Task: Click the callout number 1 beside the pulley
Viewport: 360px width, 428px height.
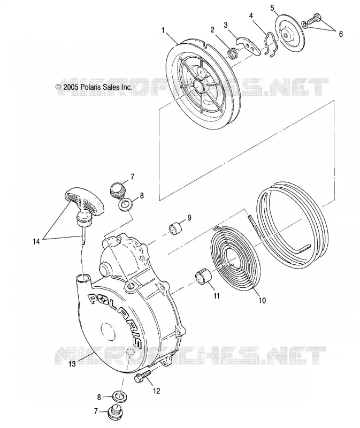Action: [163, 30]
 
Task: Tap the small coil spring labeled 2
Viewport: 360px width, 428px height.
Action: [233, 52]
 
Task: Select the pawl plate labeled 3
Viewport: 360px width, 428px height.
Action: [248, 45]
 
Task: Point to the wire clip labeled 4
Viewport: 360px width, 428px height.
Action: [271, 45]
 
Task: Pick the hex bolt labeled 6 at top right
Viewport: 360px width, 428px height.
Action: [312, 20]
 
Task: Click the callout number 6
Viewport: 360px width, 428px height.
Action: [341, 34]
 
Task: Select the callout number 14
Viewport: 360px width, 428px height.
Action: [36, 241]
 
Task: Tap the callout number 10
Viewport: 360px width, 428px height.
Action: [262, 301]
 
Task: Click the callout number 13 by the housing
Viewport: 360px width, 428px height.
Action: [72, 364]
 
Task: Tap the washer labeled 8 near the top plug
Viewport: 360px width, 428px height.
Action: [125, 204]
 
